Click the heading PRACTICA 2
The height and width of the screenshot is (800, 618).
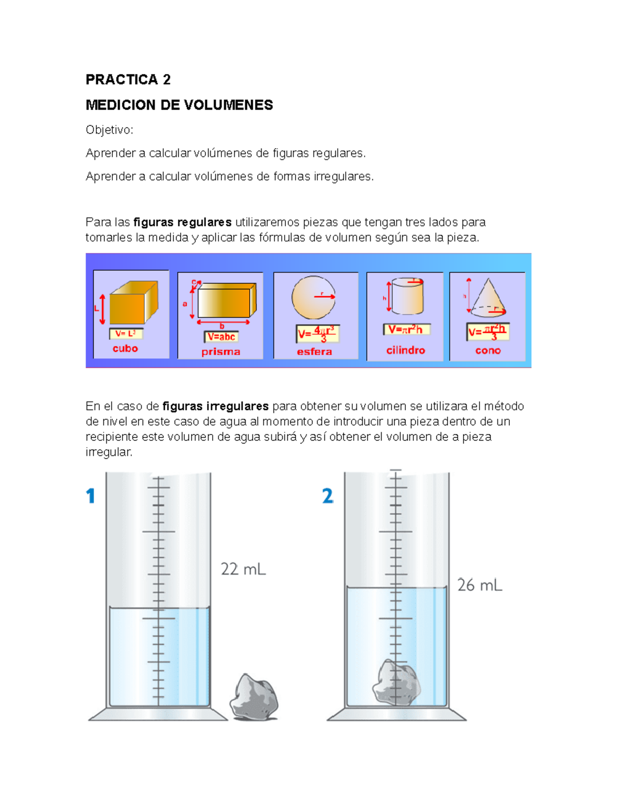(128, 79)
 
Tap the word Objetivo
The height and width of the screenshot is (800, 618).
(109, 130)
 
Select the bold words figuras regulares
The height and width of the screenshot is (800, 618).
(182, 222)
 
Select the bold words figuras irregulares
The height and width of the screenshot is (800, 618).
(215, 406)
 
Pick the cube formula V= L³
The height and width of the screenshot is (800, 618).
(126, 333)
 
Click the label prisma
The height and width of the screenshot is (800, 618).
(220, 352)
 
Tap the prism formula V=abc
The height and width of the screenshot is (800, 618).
(221, 337)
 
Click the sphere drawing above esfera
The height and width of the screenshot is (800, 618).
(313, 297)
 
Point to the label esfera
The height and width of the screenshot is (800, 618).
(314, 352)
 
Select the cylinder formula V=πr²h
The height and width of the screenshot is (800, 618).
(406, 330)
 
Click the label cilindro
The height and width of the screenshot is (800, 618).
(405, 350)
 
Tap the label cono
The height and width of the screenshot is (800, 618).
(488, 350)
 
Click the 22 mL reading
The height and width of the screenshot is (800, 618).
(243, 569)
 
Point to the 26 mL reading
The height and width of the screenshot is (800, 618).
(479, 585)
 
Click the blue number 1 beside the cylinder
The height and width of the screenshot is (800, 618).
(91, 496)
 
